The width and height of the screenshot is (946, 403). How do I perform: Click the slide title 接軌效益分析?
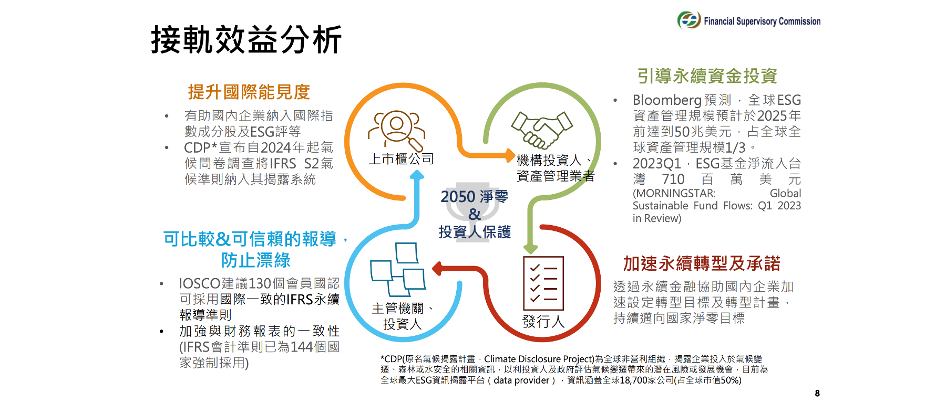click(246, 40)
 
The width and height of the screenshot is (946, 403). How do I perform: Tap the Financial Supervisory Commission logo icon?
click(689, 20)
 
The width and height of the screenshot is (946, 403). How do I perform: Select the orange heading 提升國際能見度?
click(249, 92)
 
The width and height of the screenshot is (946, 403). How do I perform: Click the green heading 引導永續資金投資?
click(707, 76)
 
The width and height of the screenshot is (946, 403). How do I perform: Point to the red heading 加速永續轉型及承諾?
click(702, 263)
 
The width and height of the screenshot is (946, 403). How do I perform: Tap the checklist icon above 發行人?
click(543, 283)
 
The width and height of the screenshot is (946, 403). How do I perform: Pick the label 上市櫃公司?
click(402, 159)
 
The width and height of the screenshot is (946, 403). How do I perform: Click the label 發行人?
click(543, 322)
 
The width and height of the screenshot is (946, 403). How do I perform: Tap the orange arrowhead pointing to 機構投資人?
click(509, 155)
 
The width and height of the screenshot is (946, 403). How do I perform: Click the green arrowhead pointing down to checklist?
click(531, 248)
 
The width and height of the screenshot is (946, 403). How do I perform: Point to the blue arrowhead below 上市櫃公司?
click(417, 175)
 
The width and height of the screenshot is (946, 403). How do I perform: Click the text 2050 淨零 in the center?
click(475, 197)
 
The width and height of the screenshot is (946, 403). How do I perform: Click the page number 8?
click(817, 393)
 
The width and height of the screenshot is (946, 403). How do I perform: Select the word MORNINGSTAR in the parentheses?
click(675, 194)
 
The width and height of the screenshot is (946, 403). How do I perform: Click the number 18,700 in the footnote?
click(635, 380)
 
